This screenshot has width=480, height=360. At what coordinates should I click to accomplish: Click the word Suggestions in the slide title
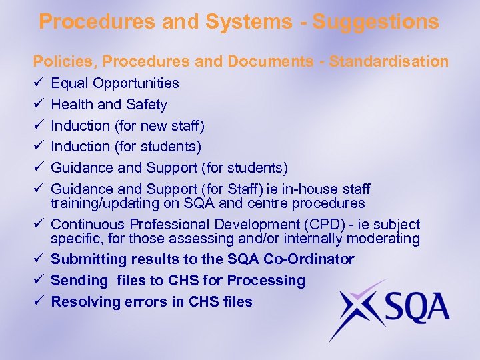(376, 22)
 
